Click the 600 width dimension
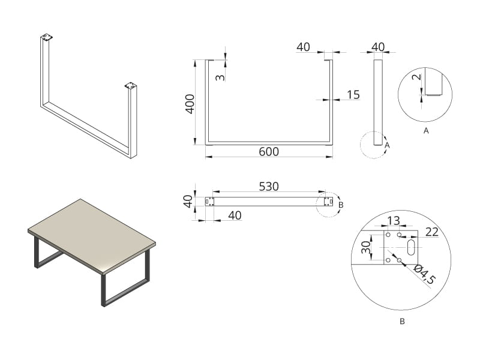pos(269,152)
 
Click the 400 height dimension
pos(190,104)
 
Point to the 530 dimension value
pos(269,187)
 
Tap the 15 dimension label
pos(353,95)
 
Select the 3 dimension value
pos(220,77)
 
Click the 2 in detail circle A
pos(416,77)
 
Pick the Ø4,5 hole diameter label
pos(425,274)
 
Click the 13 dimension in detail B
pos(394,220)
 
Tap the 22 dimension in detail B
pos(432,232)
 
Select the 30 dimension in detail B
pos(366,247)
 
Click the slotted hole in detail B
pos(411,247)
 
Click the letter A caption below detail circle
pos(426,131)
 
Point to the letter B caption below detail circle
pos(402,322)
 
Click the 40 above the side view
pos(378,47)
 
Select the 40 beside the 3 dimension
pos(303,47)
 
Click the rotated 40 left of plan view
pos(188,202)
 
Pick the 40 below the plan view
pos(235,215)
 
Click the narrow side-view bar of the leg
pos(378,102)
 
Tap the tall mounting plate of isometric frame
pos(47,37)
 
